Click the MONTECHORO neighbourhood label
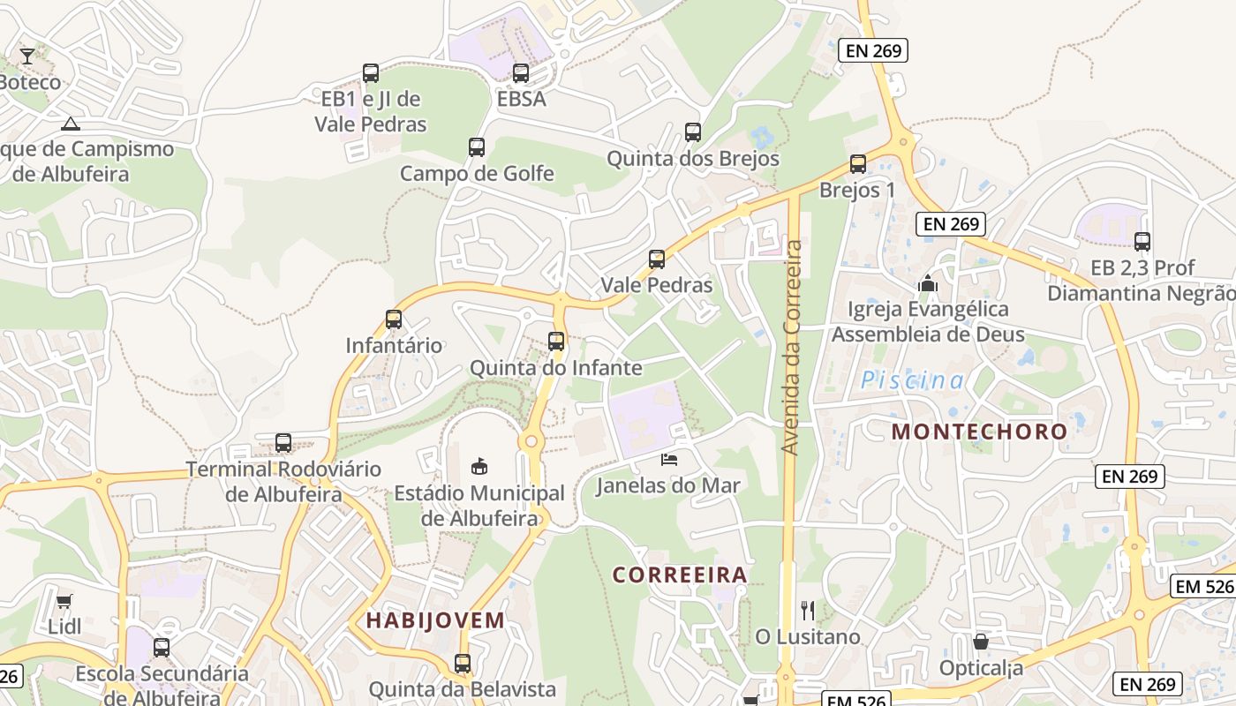(x=979, y=432)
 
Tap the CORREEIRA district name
(x=680, y=575)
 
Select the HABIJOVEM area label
(x=435, y=620)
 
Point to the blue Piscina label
(x=912, y=380)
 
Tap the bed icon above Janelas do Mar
(x=670, y=459)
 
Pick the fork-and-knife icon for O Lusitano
(x=807, y=610)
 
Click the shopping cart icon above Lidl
(x=64, y=602)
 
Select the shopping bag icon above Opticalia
(x=981, y=642)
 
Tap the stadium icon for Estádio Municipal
(x=479, y=466)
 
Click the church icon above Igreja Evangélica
(x=927, y=283)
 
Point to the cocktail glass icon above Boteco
(x=27, y=56)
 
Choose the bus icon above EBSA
(x=521, y=73)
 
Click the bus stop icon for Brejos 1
(x=857, y=164)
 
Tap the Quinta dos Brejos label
(x=692, y=159)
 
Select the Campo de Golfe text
(x=477, y=173)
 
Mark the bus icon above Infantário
(x=394, y=319)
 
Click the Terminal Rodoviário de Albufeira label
(x=283, y=481)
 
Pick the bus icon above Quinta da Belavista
(x=463, y=664)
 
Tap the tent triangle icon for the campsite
(x=71, y=124)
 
